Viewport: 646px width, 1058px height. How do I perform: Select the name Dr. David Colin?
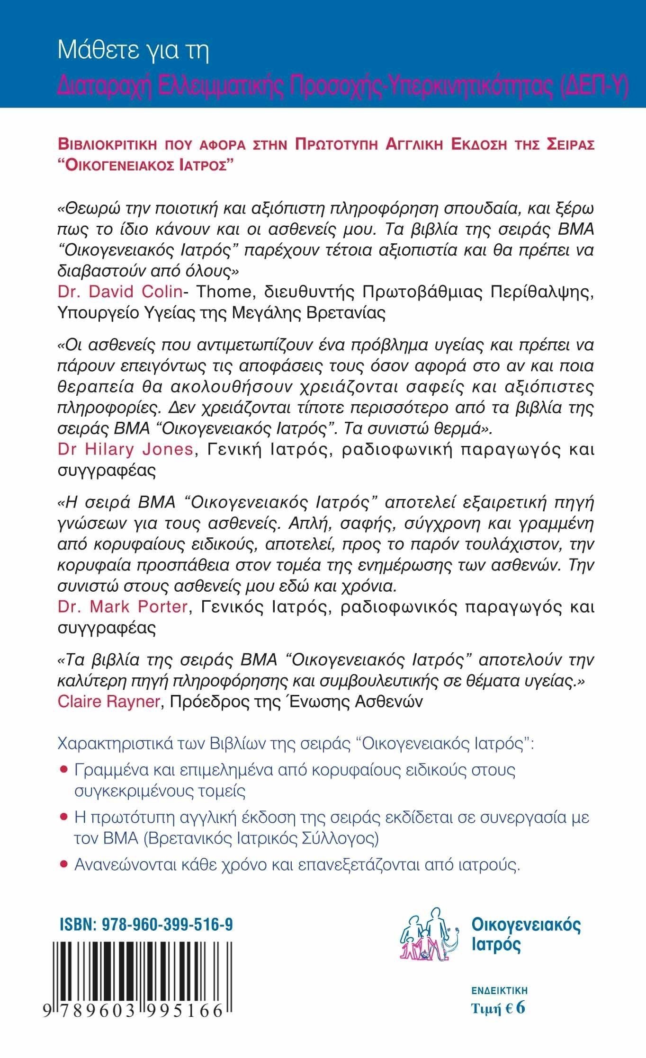pyautogui.click(x=120, y=292)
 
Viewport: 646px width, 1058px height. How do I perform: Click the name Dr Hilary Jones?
pyautogui.click(x=125, y=449)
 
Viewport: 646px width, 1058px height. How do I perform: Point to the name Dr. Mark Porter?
pyautogui.click(x=123, y=606)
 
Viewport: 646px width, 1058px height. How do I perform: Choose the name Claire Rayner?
pyautogui.click(x=108, y=702)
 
